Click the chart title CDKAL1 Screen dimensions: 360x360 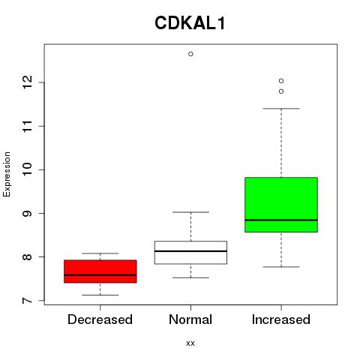(x=190, y=23)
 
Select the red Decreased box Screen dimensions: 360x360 (x=100, y=271)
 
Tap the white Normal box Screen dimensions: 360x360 (x=190, y=252)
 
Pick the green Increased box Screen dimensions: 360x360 (x=281, y=205)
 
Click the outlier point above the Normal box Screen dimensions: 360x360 (x=190, y=54)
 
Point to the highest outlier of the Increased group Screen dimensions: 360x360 (x=281, y=81)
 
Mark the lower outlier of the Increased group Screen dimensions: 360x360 (x=281, y=91)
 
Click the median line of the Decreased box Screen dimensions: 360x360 (x=100, y=275)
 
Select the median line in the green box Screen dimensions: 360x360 (x=281, y=220)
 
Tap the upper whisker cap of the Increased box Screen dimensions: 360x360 (x=281, y=109)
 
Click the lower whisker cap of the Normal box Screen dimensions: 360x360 (x=190, y=277)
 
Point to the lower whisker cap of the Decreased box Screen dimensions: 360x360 (x=100, y=295)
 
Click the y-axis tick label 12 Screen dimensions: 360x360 (x=27, y=82)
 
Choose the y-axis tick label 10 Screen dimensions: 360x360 (x=27, y=169)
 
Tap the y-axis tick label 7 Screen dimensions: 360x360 (x=27, y=301)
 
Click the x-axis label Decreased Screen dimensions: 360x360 (x=100, y=319)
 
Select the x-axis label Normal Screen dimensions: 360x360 (x=190, y=319)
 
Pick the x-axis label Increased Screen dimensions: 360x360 (x=281, y=319)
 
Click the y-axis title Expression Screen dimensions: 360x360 (x=7, y=174)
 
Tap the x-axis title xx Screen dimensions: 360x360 (x=190, y=343)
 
